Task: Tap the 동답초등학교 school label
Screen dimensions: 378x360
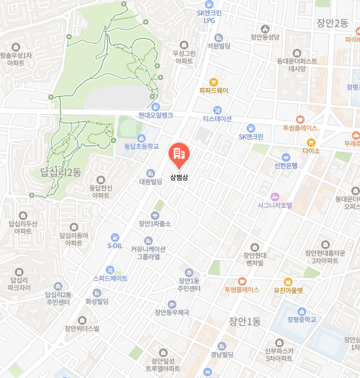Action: tap(141, 146)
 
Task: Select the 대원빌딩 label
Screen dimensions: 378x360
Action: tap(150, 182)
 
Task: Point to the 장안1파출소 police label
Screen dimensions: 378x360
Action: tap(155, 223)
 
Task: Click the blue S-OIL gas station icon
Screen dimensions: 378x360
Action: tap(115, 237)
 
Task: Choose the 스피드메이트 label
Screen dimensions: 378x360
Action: tap(110, 278)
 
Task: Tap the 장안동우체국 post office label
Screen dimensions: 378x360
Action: tap(172, 312)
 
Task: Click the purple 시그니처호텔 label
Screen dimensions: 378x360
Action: tap(275, 205)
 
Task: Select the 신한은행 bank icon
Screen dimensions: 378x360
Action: tap(285, 157)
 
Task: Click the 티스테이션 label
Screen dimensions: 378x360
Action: tap(217, 119)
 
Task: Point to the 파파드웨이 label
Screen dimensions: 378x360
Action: tap(213, 91)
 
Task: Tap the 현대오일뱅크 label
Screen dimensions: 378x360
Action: tap(156, 115)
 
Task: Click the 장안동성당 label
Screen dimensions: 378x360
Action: tap(265, 37)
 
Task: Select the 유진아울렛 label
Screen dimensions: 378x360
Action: tap(288, 290)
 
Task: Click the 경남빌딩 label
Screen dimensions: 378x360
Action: tap(222, 354)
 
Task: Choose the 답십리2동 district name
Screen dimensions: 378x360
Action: tap(60, 172)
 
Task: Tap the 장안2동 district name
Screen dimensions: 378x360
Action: tap(332, 23)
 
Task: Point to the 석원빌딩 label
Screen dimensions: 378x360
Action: tap(219, 47)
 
